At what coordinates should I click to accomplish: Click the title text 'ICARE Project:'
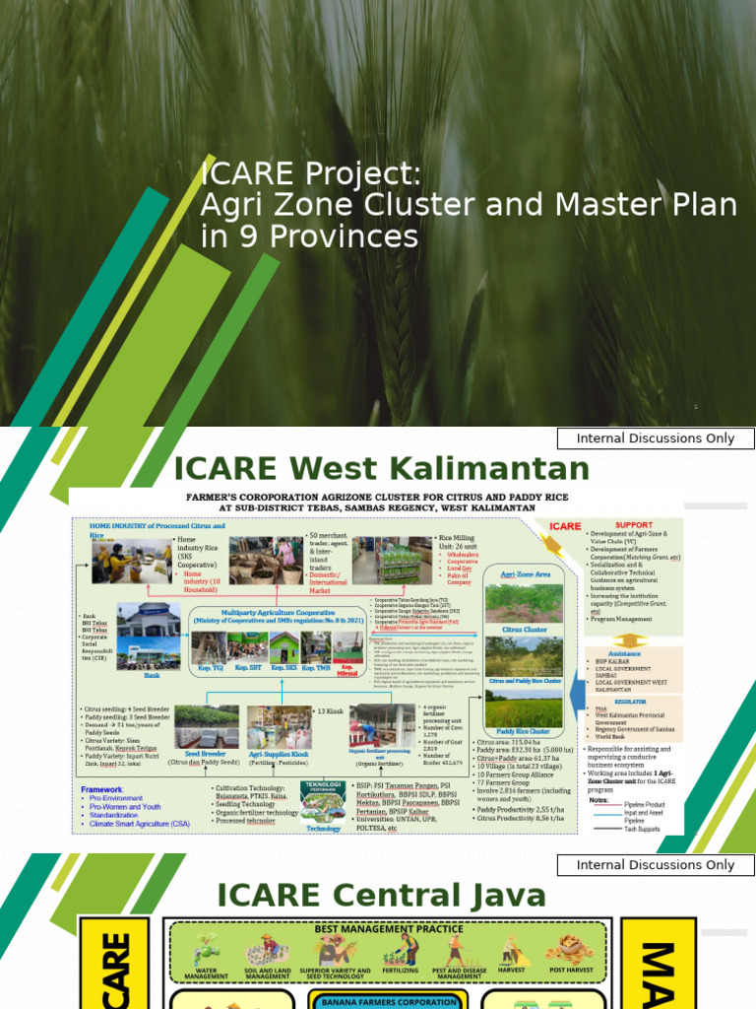click(310, 174)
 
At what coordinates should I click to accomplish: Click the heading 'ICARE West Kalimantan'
click(381, 467)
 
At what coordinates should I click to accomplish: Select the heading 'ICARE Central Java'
click(381, 895)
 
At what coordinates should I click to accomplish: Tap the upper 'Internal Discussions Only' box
click(656, 438)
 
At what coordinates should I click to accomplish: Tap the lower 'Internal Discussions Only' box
click(656, 864)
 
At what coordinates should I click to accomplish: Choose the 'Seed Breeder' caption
click(205, 753)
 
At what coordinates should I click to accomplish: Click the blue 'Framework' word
click(102, 789)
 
